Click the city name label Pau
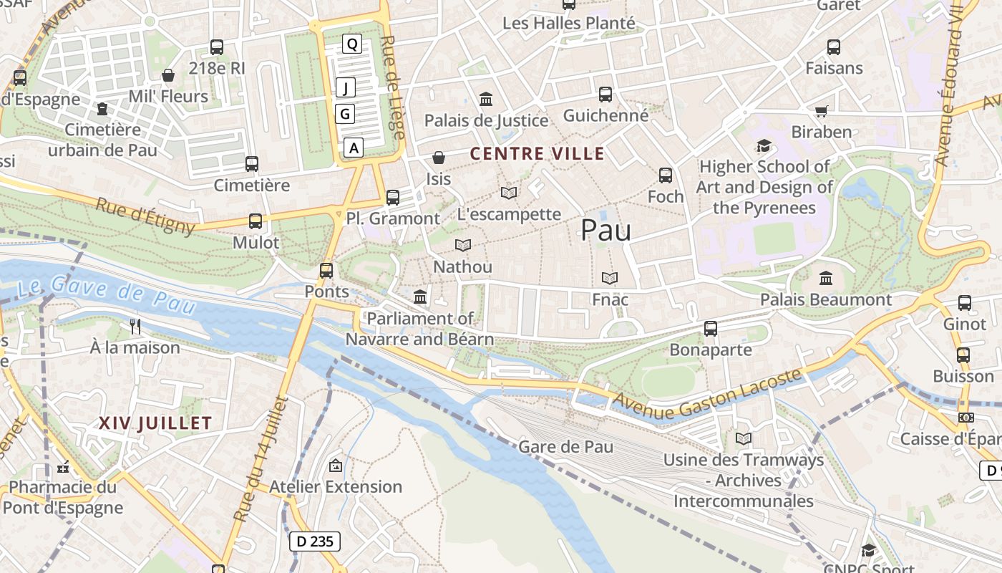[605, 231]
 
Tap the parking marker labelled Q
[351, 44]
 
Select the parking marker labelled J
[346, 88]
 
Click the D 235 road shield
[315, 541]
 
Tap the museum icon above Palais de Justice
[486, 99]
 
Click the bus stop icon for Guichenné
[605, 95]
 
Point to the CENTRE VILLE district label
[537, 153]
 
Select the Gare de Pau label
[565, 447]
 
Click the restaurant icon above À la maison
[135, 327]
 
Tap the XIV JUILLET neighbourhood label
[155, 423]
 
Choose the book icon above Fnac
[610, 278]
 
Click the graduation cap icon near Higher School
[764, 146]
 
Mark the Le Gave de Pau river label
[106, 294]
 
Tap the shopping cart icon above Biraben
[822, 111]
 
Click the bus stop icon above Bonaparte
[711, 329]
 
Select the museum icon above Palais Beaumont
[826, 278]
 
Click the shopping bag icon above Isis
[439, 157]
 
